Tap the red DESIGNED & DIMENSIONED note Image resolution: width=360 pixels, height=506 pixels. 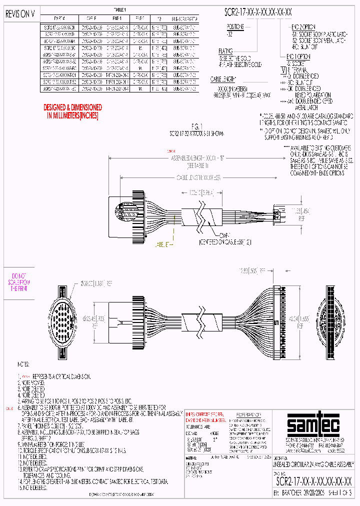coord(73,111)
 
